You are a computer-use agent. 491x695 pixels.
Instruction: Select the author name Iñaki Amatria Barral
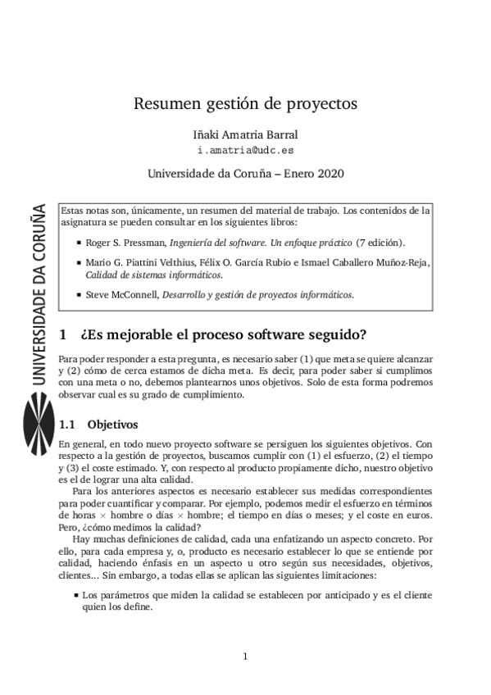pyautogui.click(x=245, y=134)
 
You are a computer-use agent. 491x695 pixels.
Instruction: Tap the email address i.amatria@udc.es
pyautogui.click(x=245, y=151)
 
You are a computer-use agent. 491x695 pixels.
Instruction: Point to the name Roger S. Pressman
pyautogui.click(x=125, y=243)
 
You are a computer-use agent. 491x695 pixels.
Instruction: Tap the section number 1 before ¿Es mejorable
pyautogui.click(x=64, y=335)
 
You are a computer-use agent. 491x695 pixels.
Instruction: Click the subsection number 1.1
pyautogui.click(x=68, y=425)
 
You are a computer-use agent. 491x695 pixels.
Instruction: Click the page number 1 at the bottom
pyautogui.click(x=245, y=656)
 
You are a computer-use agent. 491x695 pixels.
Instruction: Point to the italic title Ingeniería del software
pyautogui.click(x=215, y=243)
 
